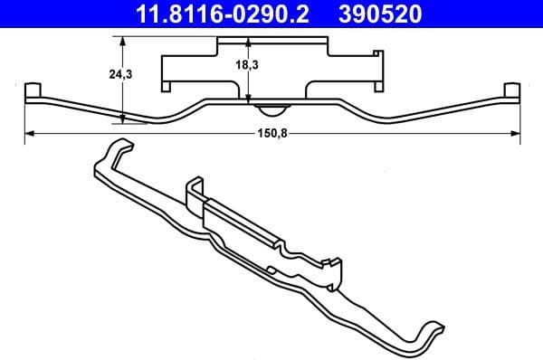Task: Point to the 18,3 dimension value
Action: tap(237, 66)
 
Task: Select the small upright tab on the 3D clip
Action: tap(194, 188)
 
